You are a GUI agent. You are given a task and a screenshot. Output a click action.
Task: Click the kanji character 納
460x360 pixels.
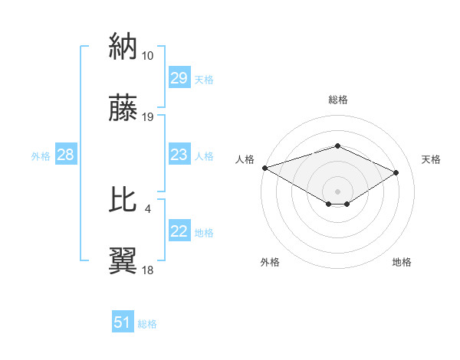pos(123,47)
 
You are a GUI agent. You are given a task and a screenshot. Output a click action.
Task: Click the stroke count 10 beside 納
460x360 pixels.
pos(148,56)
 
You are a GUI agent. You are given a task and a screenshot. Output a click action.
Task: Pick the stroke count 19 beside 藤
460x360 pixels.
pos(148,116)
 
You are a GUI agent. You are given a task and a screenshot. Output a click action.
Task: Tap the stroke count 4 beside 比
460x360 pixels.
pos(147,208)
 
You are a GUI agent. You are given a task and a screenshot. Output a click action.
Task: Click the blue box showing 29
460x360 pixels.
pos(179,79)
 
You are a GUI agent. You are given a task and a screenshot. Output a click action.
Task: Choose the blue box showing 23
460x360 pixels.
pos(179,155)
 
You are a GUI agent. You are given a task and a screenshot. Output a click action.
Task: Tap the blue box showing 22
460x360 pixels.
pos(179,232)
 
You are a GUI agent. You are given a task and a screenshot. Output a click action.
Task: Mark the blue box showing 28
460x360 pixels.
pos(66,155)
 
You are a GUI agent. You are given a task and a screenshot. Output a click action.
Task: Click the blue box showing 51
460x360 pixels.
pos(123,322)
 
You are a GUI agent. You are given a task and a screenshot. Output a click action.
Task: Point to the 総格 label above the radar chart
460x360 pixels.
pos(338,100)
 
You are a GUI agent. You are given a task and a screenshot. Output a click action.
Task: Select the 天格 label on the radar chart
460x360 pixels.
pos(432,159)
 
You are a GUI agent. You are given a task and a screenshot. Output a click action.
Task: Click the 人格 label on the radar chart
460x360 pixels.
pos(245,159)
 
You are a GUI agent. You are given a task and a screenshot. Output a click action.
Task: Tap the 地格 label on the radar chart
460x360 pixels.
pos(402,262)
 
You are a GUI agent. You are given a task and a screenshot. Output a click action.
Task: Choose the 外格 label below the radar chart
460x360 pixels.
pos(270,262)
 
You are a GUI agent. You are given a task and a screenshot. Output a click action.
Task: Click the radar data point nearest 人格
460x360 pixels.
pos(264,168)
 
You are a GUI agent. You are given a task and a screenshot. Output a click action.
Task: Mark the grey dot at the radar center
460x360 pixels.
pos(337,190)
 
